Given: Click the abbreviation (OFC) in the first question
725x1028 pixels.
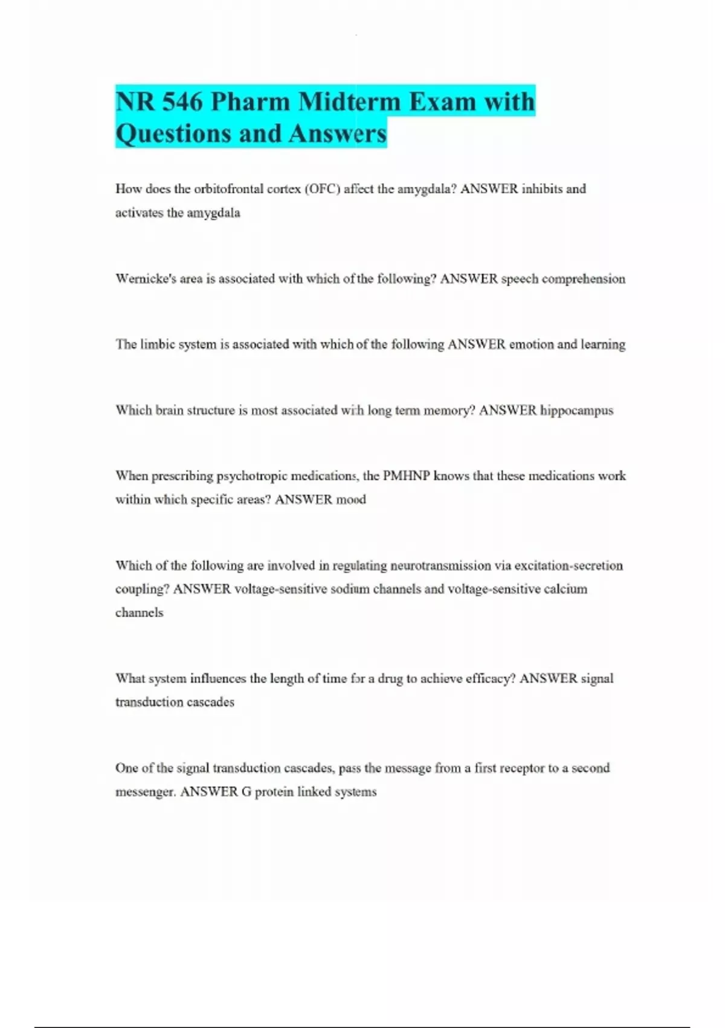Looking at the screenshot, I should (x=323, y=189).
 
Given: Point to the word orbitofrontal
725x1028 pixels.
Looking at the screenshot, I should (x=229, y=189).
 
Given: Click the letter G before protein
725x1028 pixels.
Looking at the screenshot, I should (x=246, y=792).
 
